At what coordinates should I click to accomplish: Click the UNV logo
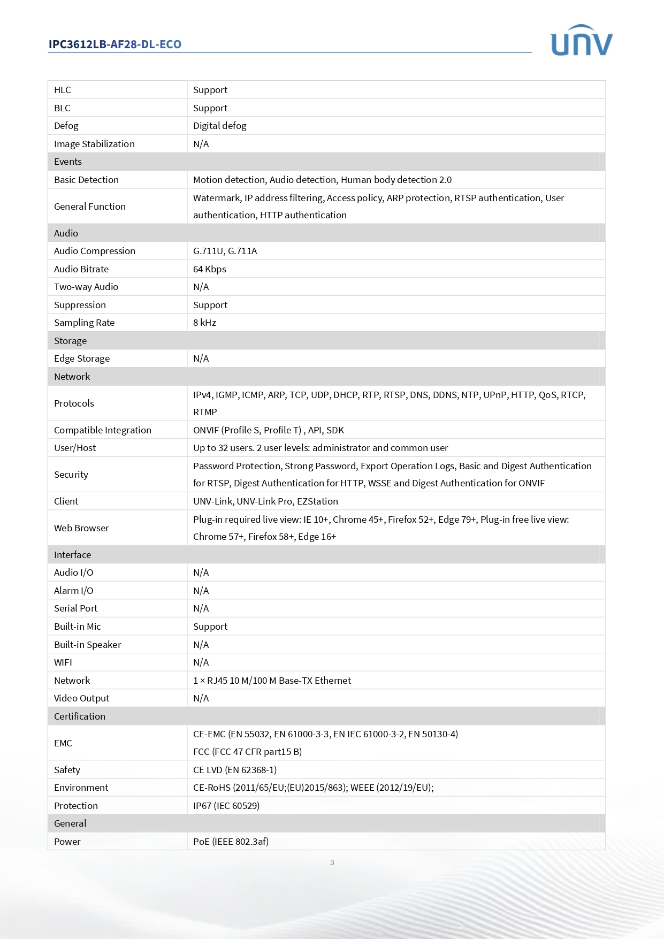pyautogui.click(x=581, y=41)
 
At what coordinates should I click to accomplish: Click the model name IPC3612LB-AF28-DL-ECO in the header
pyautogui.click(x=115, y=44)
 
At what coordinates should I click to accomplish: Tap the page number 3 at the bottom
pyautogui.click(x=332, y=862)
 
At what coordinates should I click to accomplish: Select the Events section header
pyautogui.click(x=68, y=162)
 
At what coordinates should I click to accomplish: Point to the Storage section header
pyautogui.click(x=70, y=341)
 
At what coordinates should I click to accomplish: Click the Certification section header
pyautogui.click(x=80, y=716)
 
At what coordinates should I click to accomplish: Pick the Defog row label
pyautogui.click(x=66, y=126)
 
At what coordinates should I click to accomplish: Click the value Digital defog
pyautogui.click(x=220, y=126)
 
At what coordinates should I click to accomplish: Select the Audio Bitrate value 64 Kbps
pyautogui.click(x=210, y=269)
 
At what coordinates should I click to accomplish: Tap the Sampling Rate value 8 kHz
pyautogui.click(x=205, y=323)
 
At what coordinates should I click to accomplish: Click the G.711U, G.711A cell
pyautogui.click(x=225, y=251)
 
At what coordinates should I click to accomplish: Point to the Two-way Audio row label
pyautogui.click(x=86, y=287)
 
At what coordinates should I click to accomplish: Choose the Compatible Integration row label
pyautogui.click(x=103, y=430)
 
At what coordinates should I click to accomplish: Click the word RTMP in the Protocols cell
pyautogui.click(x=205, y=412)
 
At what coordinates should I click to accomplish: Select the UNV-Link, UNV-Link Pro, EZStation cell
pyautogui.click(x=265, y=501)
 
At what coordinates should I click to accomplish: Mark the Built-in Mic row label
pyautogui.click(x=78, y=627)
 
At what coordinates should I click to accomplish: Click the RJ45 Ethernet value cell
pyautogui.click(x=272, y=681)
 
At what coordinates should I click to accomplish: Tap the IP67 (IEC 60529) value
pyautogui.click(x=226, y=806)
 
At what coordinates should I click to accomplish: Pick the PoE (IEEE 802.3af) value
pyautogui.click(x=231, y=842)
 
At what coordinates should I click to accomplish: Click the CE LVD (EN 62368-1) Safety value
pyautogui.click(x=235, y=770)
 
